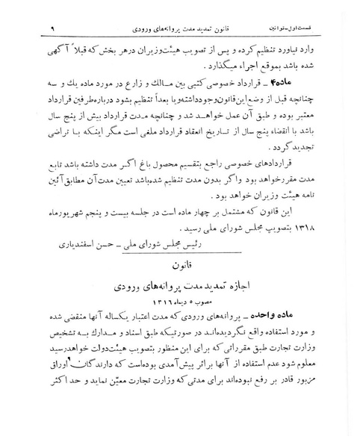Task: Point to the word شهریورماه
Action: click(x=64, y=227)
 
